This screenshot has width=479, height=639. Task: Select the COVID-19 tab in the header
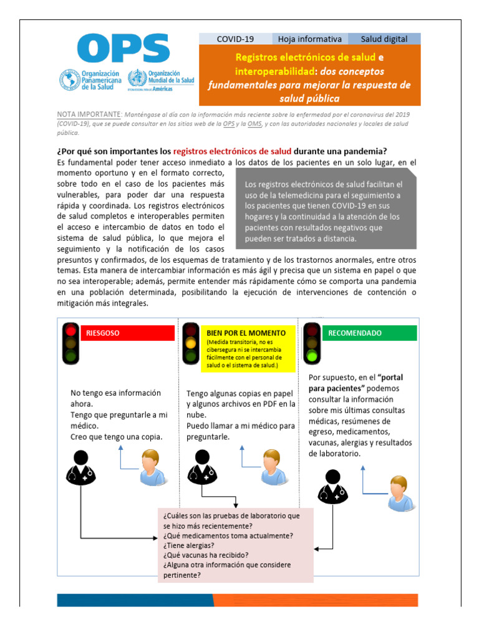[x=235, y=39]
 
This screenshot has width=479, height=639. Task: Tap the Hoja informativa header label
[x=310, y=39]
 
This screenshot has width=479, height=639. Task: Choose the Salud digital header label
[x=384, y=39]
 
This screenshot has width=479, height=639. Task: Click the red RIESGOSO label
[x=128, y=333]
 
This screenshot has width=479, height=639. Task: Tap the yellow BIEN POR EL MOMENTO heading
[x=246, y=333]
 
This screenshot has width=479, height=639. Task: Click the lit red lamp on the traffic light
[x=71, y=331]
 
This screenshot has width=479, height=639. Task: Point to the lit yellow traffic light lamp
[x=191, y=343]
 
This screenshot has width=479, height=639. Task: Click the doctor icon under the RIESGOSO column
[x=80, y=467]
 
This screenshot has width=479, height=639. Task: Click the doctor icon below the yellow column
[x=201, y=467]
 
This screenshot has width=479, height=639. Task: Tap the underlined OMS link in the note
[x=254, y=124]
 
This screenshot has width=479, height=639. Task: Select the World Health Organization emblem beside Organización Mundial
[x=137, y=80]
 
